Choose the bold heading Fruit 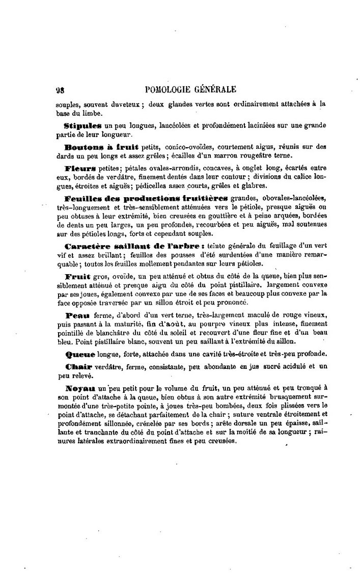(78, 276)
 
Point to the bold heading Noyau (79, 389)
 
